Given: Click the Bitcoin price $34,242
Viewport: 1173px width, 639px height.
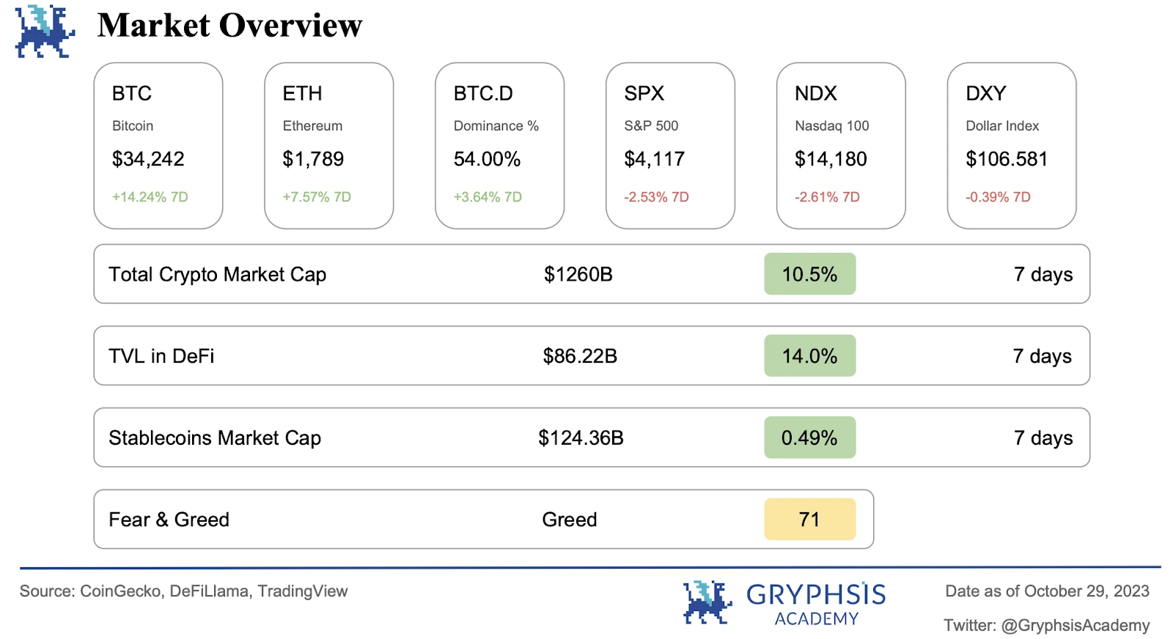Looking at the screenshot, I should [148, 159].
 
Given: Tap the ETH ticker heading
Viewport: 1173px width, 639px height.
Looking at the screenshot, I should [302, 94].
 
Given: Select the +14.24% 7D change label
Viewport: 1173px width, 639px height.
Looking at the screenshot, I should [150, 197].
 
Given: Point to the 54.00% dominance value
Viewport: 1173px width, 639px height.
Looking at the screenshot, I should [487, 159].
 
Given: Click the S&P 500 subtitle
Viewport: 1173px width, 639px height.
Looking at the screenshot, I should [651, 126].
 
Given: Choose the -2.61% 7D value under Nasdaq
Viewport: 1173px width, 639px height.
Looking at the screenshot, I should [827, 197].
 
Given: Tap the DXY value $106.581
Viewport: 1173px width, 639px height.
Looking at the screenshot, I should [1007, 159].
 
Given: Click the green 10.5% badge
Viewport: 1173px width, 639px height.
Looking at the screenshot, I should [809, 274].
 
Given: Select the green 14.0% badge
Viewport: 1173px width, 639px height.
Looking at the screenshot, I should [809, 356].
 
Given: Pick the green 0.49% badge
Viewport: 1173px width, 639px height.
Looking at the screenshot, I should [809, 438].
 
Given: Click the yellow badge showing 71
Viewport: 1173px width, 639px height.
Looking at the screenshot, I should [809, 520].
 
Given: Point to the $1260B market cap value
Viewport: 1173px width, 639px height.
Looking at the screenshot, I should [578, 274].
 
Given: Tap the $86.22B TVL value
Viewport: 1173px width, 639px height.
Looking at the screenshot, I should [580, 356].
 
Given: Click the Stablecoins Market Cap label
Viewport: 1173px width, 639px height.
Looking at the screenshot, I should [215, 438].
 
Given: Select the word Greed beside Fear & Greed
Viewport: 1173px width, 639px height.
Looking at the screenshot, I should [569, 520].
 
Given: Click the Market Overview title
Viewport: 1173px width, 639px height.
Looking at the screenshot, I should [229, 26].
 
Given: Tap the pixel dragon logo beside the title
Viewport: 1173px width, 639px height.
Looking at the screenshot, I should [44, 32].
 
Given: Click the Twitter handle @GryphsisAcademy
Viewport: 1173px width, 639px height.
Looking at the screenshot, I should [1075, 626].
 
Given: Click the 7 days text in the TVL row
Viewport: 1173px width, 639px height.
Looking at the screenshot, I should [1042, 356].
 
